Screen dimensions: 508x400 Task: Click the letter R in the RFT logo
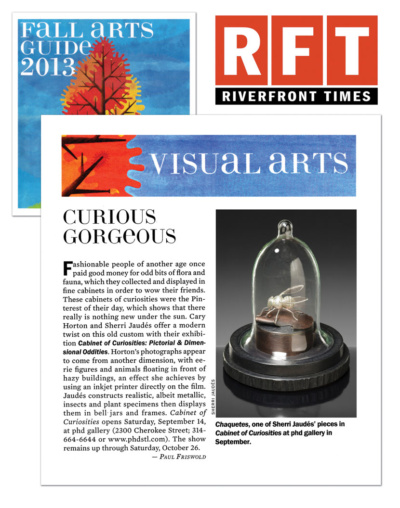[x=242, y=51]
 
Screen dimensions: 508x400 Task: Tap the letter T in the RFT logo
[x=350, y=51]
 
